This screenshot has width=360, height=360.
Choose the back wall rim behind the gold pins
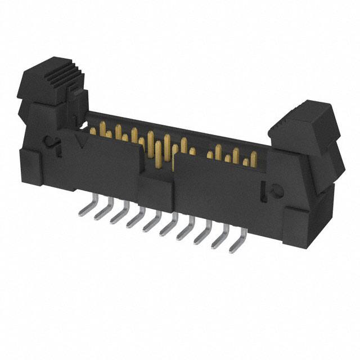(x=186, y=133)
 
